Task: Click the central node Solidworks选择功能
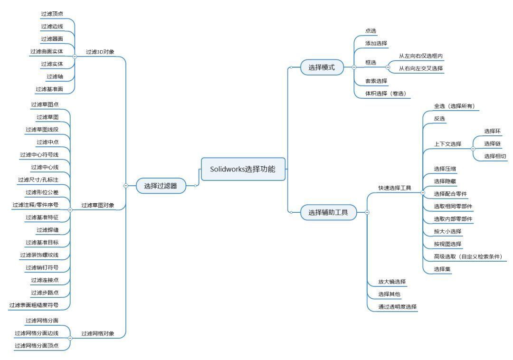[x=243, y=169]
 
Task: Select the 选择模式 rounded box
[x=322, y=67]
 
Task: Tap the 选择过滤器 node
[x=161, y=186]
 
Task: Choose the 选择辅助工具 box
[x=328, y=212]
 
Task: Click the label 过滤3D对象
[x=100, y=52]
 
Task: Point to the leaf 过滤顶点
[x=52, y=14]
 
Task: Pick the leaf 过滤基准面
[x=49, y=89]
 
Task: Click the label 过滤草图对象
[x=98, y=205]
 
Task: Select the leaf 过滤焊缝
[x=47, y=230]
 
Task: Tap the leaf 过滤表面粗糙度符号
[x=34, y=305]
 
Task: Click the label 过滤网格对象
[x=98, y=333]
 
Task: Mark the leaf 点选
[x=370, y=31]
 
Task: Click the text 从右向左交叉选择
[x=421, y=68]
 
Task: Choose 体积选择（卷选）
[x=386, y=94]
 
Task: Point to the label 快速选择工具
[x=395, y=188]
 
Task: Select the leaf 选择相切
[x=495, y=156]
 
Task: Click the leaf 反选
[x=439, y=119]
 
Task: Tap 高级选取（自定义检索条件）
[x=468, y=256]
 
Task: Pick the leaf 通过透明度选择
[x=398, y=307]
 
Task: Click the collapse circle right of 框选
[x=388, y=67]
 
